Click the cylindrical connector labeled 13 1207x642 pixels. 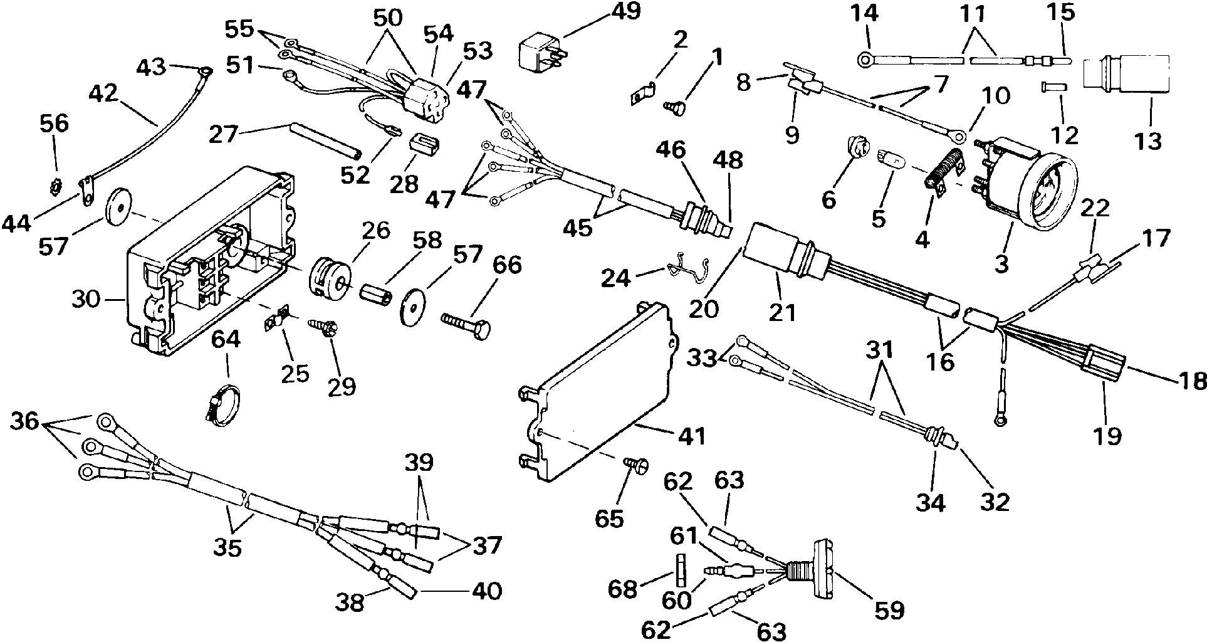1127,78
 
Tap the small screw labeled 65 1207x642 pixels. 632,466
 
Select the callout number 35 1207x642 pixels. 227,547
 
